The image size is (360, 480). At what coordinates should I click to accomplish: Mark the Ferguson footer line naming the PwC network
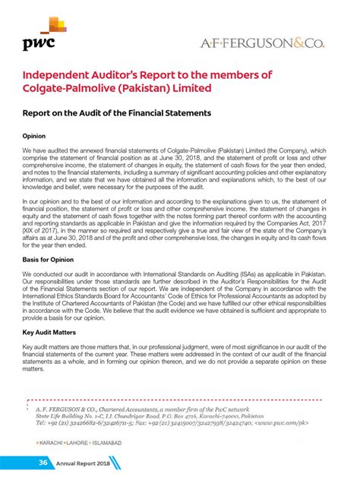pos(144,408)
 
